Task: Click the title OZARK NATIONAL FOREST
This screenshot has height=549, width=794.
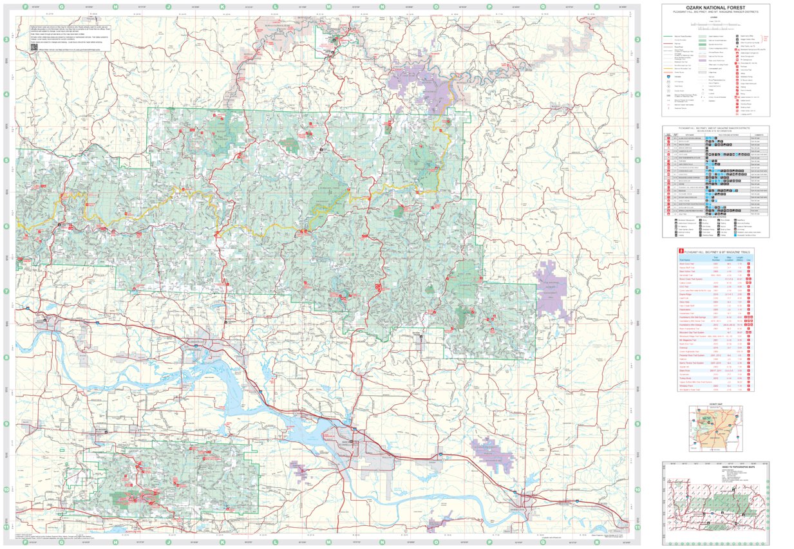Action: pyautogui.click(x=715, y=7)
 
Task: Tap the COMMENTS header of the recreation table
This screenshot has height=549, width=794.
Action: pyautogui.click(x=759, y=134)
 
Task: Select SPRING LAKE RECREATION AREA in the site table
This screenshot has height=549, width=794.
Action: pyautogui.click(x=694, y=211)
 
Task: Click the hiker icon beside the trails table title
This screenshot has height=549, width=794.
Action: pyautogui.click(x=680, y=252)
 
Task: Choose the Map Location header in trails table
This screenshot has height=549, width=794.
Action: pyautogui.click(x=730, y=259)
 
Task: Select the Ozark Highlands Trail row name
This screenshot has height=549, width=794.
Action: pyautogui.click(x=688, y=351)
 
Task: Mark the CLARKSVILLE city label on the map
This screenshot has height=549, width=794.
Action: pyautogui.click(x=194, y=342)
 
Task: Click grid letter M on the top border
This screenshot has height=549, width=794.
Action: pyautogui.click(x=329, y=7)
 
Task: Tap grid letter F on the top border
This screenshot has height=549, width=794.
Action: pyautogui.click(x=25, y=7)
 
